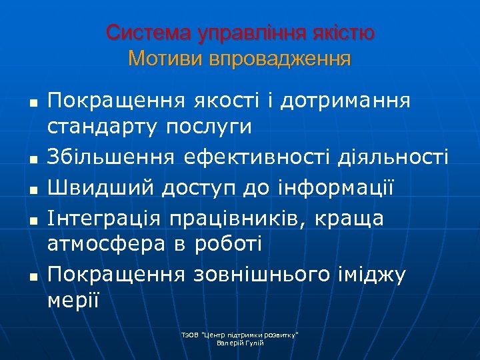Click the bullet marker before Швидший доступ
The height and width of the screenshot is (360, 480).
[31, 189]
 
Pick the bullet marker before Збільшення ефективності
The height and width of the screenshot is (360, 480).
[31, 158]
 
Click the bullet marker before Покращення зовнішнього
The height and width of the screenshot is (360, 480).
[31, 276]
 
